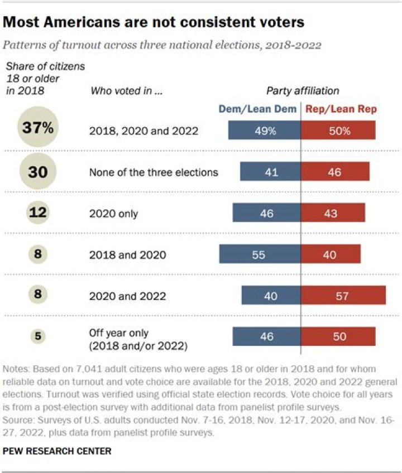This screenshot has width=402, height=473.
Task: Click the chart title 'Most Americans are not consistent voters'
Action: (154, 22)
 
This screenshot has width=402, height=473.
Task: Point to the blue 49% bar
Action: (265, 131)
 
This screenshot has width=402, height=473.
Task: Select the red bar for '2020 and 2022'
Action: (343, 295)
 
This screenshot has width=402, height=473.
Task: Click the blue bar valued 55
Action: (260, 254)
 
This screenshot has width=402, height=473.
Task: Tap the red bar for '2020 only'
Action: (333, 213)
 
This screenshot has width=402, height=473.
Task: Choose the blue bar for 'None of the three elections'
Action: (271, 172)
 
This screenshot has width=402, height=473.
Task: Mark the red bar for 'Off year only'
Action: (338, 336)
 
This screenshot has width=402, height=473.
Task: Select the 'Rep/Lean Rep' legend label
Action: (340, 109)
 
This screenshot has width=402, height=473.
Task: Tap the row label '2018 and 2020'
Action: (127, 254)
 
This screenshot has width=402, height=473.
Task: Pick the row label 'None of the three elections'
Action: (154, 172)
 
